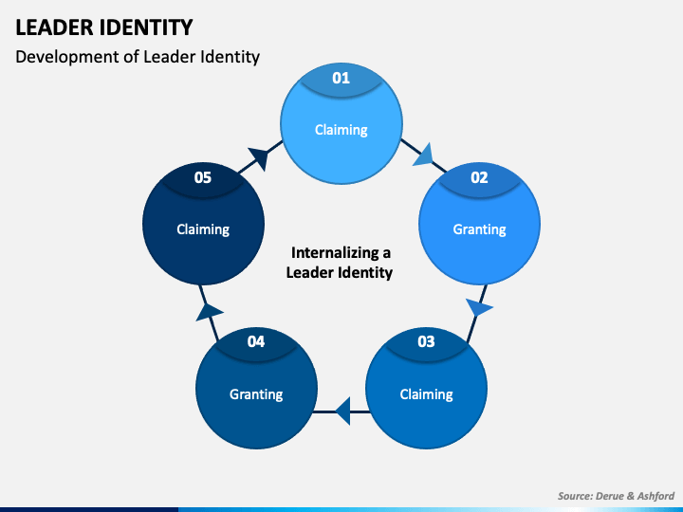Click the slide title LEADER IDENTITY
104,27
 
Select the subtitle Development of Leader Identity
138,57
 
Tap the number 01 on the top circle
341,78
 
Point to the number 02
479,177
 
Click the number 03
426,341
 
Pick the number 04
256,341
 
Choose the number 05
203,177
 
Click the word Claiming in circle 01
341,130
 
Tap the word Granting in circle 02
480,229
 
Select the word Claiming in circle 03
427,394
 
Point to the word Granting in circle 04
256,394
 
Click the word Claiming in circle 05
203,229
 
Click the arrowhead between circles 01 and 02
424,155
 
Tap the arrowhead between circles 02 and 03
478,307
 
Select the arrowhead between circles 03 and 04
342,411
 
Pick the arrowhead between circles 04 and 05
209,312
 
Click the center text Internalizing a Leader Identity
340,263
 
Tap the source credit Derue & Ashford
616,496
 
